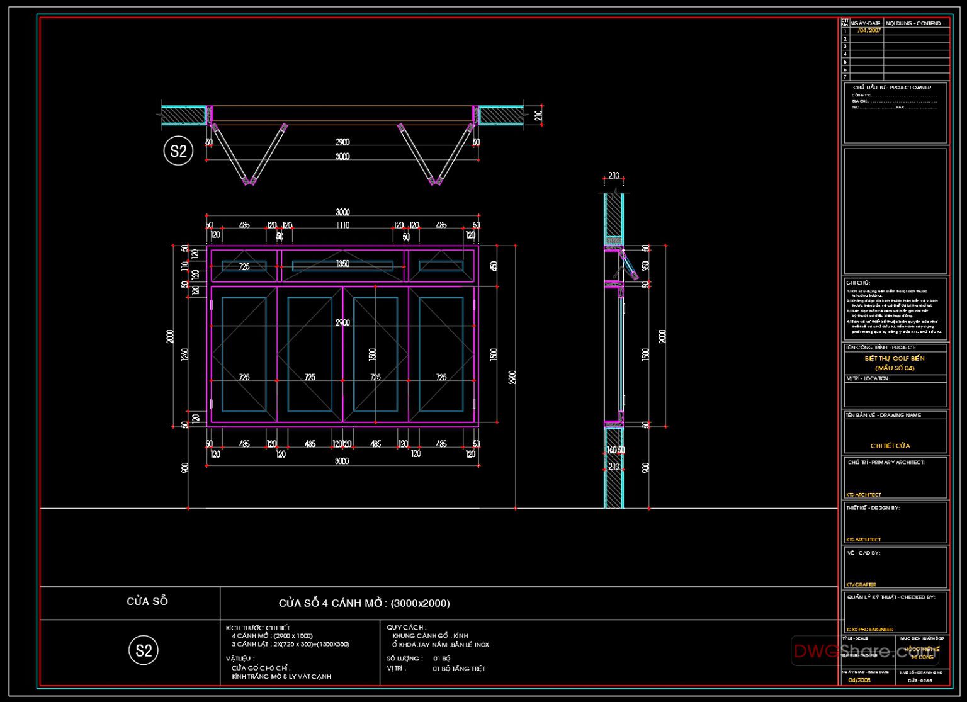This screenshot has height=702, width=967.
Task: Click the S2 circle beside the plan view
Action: click(x=178, y=151)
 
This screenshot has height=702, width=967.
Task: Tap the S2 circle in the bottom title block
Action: click(x=144, y=650)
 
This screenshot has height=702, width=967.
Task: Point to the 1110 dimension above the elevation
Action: click(x=342, y=225)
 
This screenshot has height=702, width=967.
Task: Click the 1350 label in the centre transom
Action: click(x=342, y=264)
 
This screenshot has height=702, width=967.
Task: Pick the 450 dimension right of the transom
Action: click(x=494, y=266)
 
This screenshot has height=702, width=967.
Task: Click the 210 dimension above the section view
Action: click(x=614, y=176)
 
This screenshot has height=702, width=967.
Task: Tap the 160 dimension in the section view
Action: click(x=611, y=451)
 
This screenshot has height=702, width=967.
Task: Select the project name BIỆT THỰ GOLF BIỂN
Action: click(x=895, y=358)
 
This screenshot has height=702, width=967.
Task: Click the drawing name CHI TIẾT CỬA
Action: click(x=890, y=446)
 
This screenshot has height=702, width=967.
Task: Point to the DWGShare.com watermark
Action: click(x=866, y=651)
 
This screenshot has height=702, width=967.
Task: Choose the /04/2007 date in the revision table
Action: click(x=869, y=30)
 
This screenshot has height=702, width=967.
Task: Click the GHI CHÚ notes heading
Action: click(x=857, y=283)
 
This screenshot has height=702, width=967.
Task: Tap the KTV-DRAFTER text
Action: click(x=861, y=584)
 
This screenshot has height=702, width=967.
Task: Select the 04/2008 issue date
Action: click(x=859, y=680)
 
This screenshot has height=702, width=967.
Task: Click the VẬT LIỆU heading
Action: click(x=240, y=659)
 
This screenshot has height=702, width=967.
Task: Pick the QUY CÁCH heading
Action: click(x=406, y=627)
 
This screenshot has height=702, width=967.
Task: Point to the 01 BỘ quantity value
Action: click(x=441, y=659)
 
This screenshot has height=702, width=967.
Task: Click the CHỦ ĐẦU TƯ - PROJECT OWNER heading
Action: click(x=892, y=88)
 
